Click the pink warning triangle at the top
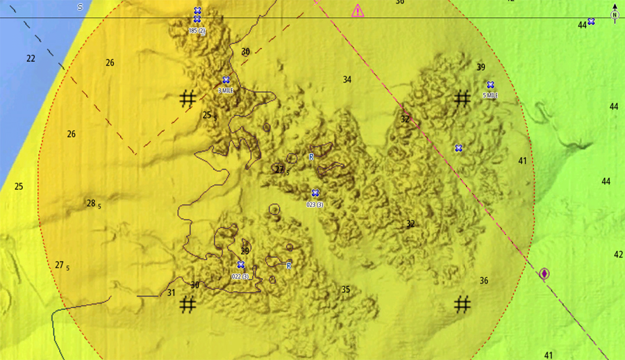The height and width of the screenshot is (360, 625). click(x=358, y=10)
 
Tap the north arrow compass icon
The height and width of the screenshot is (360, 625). click(x=615, y=13)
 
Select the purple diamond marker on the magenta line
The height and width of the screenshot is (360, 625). click(x=544, y=274)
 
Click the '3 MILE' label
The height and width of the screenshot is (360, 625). click(x=226, y=91)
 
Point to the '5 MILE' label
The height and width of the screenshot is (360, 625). click(x=490, y=95)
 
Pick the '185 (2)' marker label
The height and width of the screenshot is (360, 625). click(x=197, y=31)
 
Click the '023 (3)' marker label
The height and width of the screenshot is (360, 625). click(x=315, y=204)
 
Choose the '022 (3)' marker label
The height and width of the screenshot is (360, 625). click(x=240, y=277)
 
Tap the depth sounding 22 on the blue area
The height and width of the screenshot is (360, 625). click(x=31, y=58)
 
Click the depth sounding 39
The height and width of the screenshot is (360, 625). click(x=481, y=67)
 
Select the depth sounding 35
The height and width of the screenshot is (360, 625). click(x=346, y=289)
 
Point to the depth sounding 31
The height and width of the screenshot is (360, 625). click(x=172, y=293)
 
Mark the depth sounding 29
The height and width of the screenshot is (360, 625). click(x=244, y=251)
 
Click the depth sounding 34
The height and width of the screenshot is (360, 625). click(x=347, y=80)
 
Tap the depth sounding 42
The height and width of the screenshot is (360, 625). click(x=618, y=254)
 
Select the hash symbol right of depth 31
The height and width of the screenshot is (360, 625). click(x=187, y=304)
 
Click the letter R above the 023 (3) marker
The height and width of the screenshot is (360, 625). click(x=311, y=157)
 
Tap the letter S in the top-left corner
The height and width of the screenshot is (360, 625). click(x=80, y=7)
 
